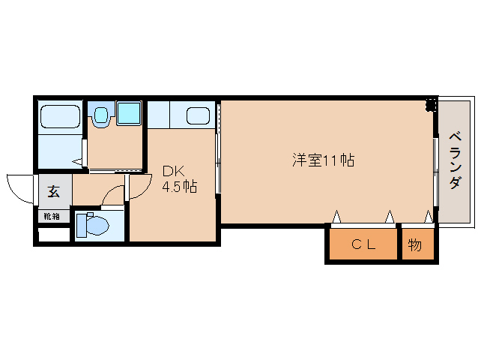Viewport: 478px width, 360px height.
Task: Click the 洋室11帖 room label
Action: tap(323, 160)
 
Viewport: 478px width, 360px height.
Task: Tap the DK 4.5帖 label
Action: tap(180, 179)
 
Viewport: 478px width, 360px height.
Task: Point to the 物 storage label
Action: tap(416, 244)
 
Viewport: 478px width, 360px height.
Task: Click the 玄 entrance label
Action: tap(54, 191)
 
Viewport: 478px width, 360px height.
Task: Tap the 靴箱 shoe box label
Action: tap(52, 216)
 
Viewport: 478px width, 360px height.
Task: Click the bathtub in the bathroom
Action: tap(60, 118)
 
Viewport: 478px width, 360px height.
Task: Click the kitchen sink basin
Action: tap(197, 116)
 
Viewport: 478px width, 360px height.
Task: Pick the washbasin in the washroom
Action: tap(100, 115)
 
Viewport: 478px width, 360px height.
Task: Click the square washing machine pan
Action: tap(128, 114)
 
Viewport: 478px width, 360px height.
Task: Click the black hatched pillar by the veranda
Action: tap(431, 105)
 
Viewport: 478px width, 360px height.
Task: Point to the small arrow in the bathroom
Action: tap(77, 161)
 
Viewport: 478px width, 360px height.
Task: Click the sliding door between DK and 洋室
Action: tap(218, 161)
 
